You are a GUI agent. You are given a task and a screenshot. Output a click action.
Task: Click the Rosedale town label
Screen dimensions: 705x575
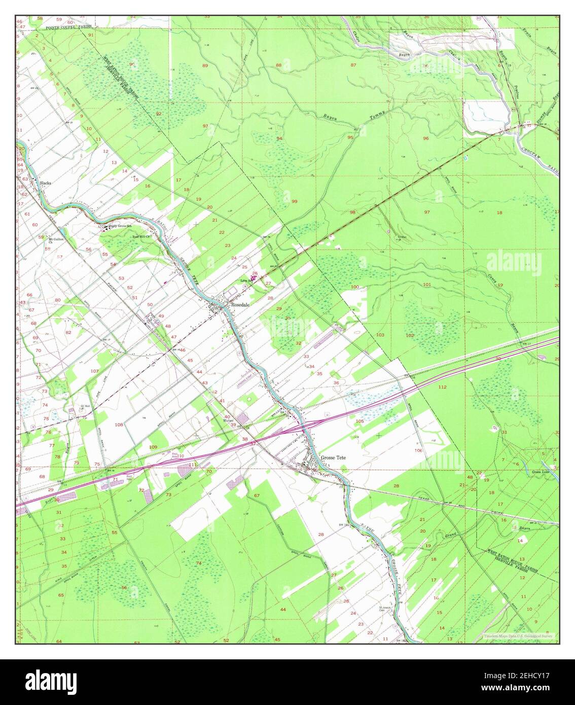240,306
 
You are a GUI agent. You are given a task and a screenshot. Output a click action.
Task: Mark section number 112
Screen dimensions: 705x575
442,387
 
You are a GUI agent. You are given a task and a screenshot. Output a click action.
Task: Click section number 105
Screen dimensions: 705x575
360,421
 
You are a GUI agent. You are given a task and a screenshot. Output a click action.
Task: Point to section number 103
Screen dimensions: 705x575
380,335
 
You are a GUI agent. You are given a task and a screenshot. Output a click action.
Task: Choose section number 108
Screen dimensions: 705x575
119,424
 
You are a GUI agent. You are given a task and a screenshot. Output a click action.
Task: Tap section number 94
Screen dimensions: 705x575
279,138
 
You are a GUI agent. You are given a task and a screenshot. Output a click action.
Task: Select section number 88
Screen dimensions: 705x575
278,65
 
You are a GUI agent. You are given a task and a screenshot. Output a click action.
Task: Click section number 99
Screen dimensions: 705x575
295,201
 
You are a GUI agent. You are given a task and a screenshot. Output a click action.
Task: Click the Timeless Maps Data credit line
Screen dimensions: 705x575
517,636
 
